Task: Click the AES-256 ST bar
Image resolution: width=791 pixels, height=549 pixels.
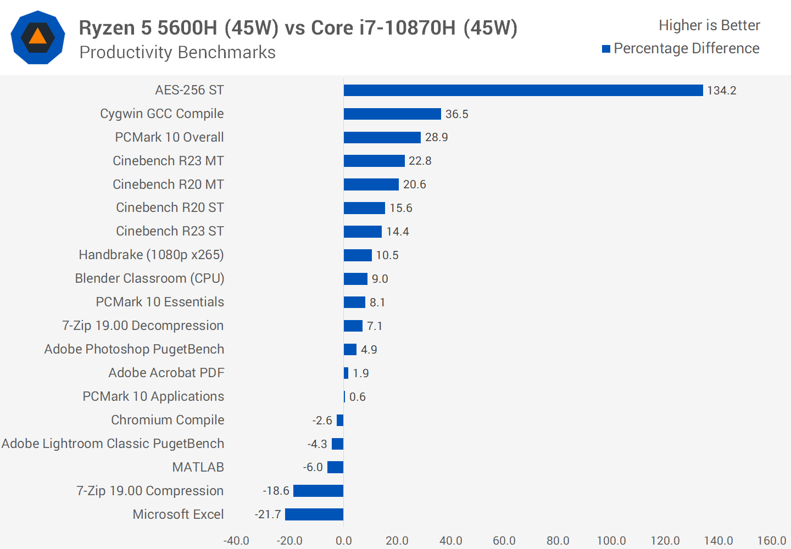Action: tap(523, 90)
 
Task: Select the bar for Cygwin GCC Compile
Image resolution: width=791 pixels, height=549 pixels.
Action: tap(392, 114)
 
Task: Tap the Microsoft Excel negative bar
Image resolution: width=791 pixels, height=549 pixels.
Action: tap(314, 514)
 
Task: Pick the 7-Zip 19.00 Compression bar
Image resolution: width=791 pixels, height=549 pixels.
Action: tap(318, 491)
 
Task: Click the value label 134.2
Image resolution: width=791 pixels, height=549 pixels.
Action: tap(721, 91)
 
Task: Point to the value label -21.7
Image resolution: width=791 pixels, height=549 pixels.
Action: tap(268, 514)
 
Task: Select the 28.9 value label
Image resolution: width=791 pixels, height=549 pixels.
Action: tap(436, 137)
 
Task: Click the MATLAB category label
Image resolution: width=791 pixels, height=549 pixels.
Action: tap(198, 467)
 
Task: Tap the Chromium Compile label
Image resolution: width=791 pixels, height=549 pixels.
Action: tap(168, 420)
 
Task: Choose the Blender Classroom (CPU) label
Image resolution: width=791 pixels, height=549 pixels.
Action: tap(149, 278)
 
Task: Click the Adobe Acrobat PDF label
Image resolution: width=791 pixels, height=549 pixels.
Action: tap(166, 373)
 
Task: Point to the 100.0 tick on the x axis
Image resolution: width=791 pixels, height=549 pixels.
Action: tap(611, 541)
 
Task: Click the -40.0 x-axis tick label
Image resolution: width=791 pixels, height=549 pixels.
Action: tap(236, 541)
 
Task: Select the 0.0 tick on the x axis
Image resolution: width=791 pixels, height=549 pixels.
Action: tap(343, 541)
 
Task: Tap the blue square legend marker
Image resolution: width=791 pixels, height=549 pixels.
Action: tap(606, 49)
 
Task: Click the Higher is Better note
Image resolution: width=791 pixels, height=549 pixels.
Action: tap(709, 25)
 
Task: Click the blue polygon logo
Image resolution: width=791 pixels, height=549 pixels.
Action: tap(38, 37)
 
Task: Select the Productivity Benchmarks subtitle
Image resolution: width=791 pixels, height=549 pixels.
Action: tap(177, 53)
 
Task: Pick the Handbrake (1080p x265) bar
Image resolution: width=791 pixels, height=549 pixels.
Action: tap(358, 255)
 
